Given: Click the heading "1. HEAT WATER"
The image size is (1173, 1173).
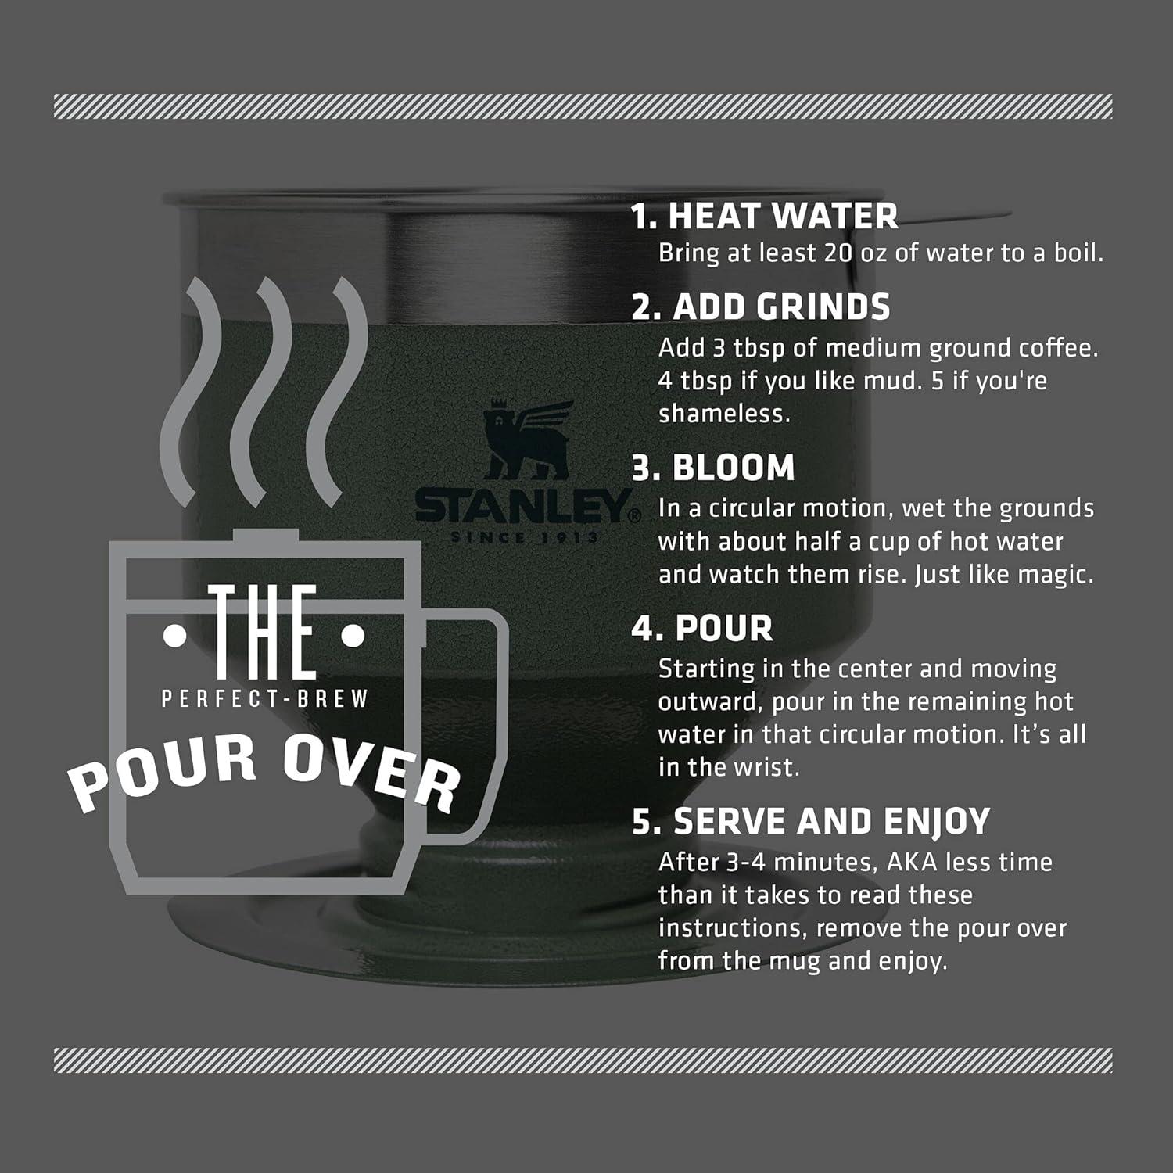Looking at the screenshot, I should pos(765,216).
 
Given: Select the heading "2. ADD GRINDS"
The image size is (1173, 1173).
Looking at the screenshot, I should pos(761,307).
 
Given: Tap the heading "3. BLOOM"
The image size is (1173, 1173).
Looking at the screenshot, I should pos(713,468).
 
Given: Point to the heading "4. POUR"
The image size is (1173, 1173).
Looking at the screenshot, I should pos(702,629).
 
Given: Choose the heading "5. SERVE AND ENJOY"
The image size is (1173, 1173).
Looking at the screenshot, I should pos(811,821).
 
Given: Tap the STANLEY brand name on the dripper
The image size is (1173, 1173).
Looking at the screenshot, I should pos(523,508).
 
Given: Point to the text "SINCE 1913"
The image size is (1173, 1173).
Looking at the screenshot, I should pos(523,538).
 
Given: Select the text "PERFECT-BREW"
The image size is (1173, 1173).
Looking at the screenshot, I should pos(264,698).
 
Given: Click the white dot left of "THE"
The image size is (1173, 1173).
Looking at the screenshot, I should pos(174,637).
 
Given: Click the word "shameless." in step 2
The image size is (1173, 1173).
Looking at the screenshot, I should pos(724,414).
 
